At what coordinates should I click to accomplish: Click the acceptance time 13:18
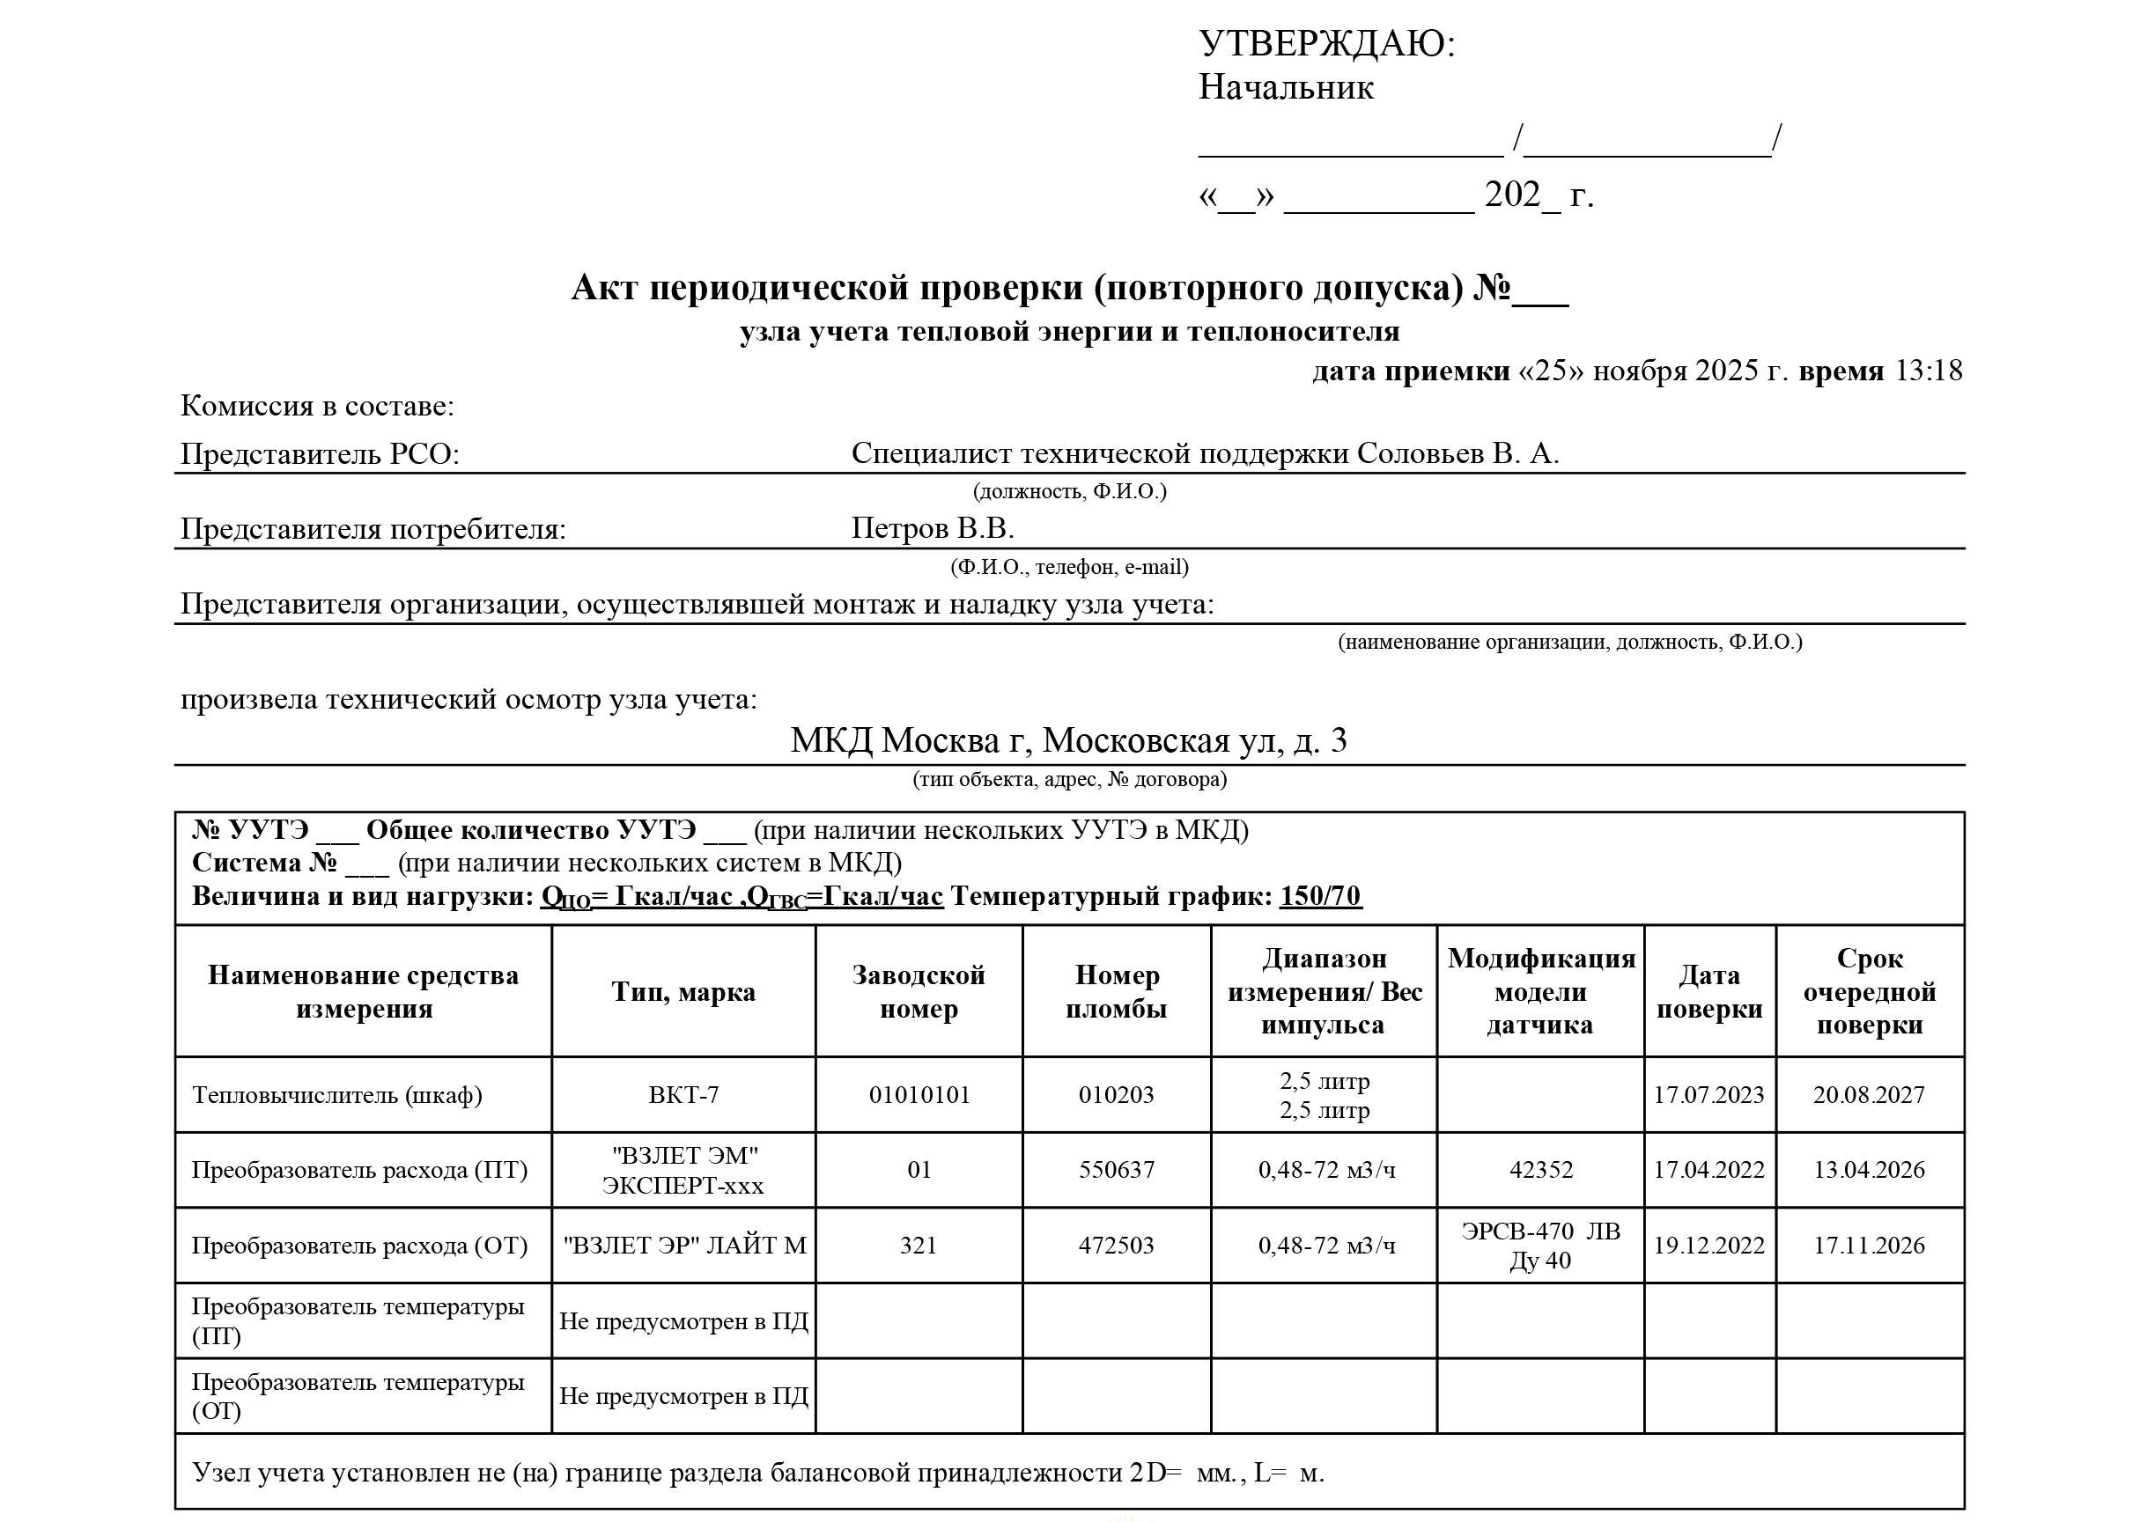click(1928, 371)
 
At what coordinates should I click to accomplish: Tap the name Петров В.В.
click(932, 528)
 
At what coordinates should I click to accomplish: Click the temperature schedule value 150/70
click(1320, 896)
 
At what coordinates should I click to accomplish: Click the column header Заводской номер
click(918, 991)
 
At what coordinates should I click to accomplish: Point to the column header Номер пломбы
click(1116, 991)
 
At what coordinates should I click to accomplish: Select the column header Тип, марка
click(683, 991)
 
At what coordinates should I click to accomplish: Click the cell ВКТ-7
click(683, 1095)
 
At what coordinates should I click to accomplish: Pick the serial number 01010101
click(919, 1095)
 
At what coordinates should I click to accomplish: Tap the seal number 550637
click(1116, 1170)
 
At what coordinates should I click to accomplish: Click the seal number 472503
click(1116, 1246)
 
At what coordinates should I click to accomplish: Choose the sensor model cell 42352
click(1540, 1170)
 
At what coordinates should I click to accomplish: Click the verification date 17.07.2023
click(1708, 1095)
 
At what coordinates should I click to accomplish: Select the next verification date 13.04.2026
click(1868, 1170)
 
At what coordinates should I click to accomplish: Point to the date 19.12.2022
click(1708, 1246)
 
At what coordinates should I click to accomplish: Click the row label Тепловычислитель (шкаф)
click(336, 1095)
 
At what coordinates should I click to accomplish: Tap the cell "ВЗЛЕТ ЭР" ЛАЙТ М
click(683, 1246)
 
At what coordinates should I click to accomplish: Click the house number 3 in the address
click(1338, 740)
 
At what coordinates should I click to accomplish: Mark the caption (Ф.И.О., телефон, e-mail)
click(1068, 567)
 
